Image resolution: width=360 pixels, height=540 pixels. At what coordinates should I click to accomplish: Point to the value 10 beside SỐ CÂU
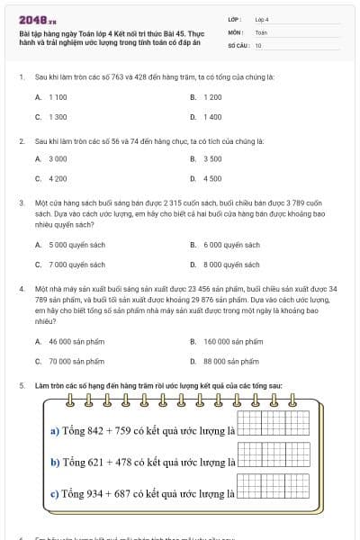point(258,44)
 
